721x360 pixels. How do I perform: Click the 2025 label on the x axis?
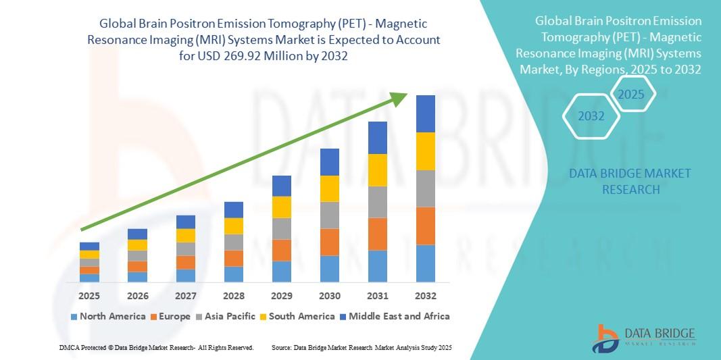pos(89,296)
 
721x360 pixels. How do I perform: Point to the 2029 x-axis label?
pos(282,296)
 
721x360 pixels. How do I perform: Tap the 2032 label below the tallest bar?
pos(426,296)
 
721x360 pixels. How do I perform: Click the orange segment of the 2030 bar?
pos(330,242)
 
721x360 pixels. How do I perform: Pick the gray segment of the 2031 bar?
pos(378,202)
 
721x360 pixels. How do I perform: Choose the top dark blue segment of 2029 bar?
pos(282,186)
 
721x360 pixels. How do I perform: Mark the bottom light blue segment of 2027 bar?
pos(186,275)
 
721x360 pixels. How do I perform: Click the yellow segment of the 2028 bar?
pos(234,226)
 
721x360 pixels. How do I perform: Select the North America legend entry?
pos(107,316)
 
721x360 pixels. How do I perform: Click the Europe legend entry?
pos(170,316)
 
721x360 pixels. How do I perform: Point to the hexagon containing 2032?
pos(591,116)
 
